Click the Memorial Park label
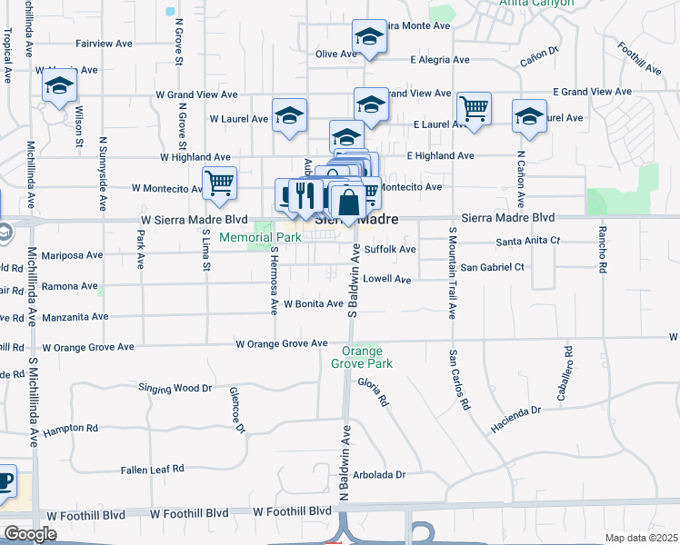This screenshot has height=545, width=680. (x=259, y=238)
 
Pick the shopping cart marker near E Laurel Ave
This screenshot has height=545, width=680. (x=474, y=109)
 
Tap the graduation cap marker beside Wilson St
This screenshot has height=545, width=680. (x=59, y=86)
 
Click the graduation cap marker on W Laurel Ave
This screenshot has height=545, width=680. (x=289, y=115)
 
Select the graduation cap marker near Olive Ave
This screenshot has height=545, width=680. (x=368, y=37)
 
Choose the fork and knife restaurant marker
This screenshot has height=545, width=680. (x=305, y=194)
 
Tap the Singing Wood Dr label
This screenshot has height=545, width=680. (x=175, y=388)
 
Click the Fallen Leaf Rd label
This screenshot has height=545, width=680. (x=153, y=470)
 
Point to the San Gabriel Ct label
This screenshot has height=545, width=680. (x=493, y=267)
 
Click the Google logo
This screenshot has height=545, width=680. (x=30, y=533)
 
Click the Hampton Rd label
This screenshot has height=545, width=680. (x=70, y=428)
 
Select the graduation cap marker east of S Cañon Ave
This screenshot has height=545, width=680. (x=529, y=115)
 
